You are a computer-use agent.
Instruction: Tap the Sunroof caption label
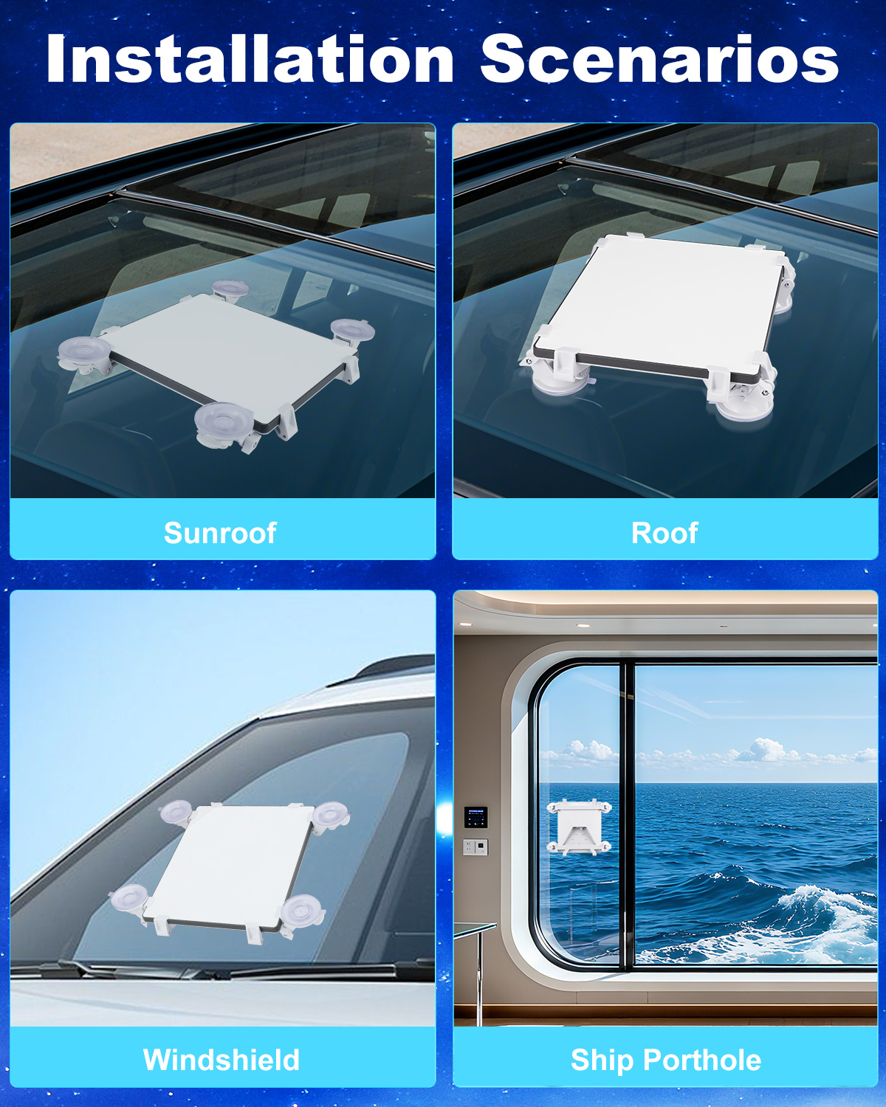220,532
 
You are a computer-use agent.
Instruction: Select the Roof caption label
664,532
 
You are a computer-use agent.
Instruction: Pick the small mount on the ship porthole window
579,827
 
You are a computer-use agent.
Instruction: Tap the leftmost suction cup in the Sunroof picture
84,353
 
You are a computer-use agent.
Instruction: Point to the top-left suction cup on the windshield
176,812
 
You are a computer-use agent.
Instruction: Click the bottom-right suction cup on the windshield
302,911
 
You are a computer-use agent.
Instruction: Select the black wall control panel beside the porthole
475,817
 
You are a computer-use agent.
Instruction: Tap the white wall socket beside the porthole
475,846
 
